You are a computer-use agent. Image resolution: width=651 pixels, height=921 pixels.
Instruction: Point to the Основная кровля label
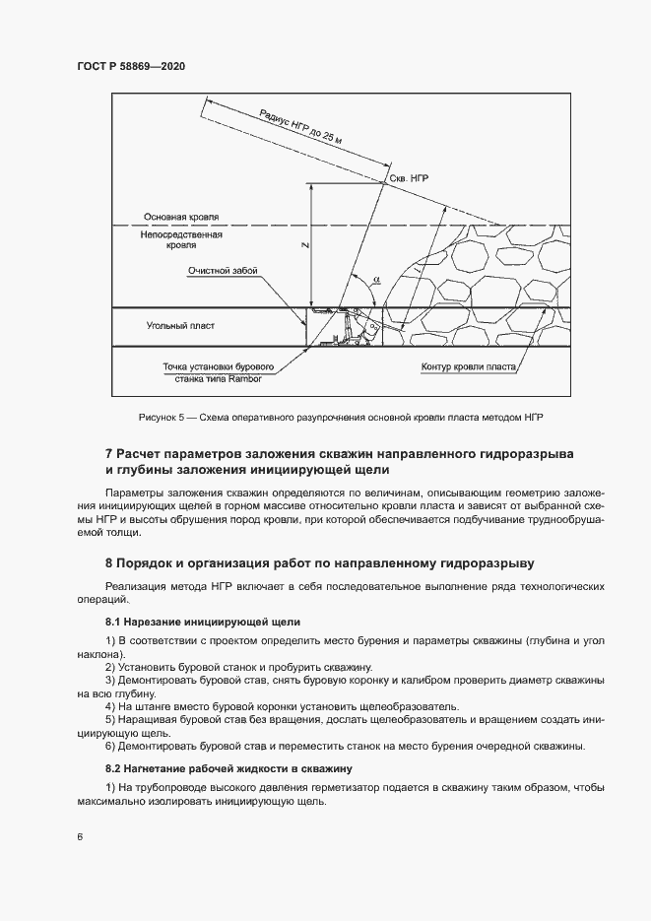181,217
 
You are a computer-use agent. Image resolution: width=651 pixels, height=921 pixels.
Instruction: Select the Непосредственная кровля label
181,240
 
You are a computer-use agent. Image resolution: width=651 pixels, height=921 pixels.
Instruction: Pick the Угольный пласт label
180,325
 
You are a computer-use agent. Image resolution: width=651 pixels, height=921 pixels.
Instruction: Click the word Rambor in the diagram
253,377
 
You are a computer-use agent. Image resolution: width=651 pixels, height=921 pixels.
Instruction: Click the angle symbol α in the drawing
376,280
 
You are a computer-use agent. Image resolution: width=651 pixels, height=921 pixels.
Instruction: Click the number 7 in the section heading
108,453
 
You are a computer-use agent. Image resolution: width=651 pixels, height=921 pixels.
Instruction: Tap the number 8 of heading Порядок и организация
108,564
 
